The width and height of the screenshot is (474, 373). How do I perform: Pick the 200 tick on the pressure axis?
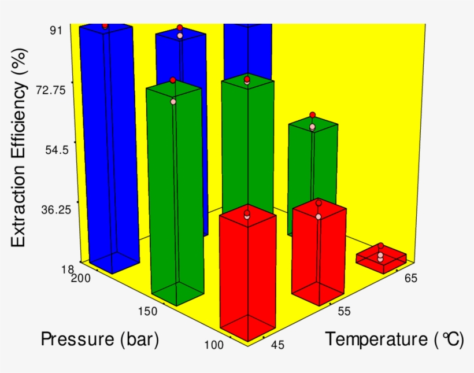[x=83, y=278]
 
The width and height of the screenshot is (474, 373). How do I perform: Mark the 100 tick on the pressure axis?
[x=214, y=345]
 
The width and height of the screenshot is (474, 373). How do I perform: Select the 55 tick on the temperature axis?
[x=344, y=311]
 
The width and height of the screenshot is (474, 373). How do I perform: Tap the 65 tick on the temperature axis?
[x=410, y=278]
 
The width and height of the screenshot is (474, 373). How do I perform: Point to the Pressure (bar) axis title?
[x=99, y=340]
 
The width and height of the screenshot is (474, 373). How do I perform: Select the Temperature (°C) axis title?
[x=394, y=340]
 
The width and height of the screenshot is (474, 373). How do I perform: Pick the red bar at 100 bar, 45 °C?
[x=247, y=275]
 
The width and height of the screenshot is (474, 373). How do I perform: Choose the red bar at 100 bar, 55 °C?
[x=318, y=254]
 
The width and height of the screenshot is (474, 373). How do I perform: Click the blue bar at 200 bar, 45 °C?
[x=109, y=145]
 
